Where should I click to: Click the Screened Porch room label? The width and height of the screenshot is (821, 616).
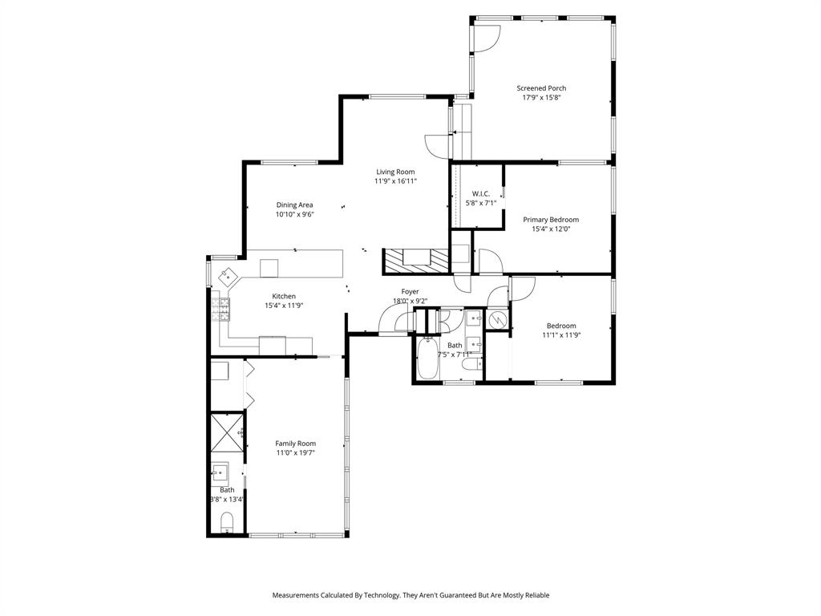click(x=541, y=88)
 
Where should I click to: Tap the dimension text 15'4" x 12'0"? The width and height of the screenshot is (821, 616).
click(x=551, y=229)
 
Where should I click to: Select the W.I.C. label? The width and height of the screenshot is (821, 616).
click(x=481, y=193)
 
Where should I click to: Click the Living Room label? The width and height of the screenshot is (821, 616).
click(x=396, y=172)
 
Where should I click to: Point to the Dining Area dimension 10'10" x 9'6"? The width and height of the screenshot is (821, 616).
click(x=294, y=214)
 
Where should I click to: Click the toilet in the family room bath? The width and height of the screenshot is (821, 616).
click(x=227, y=524)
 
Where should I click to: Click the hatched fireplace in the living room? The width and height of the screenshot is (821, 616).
click(x=416, y=259)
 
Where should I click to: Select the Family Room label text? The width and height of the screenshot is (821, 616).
click(x=296, y=444)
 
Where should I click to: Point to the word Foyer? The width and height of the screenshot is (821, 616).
click(x=410, y=292)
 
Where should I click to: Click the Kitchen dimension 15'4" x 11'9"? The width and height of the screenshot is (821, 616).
click(x=284, y=306)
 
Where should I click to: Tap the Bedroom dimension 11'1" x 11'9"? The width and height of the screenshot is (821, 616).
click(x=561, y=335)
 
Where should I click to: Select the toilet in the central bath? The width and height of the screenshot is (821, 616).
click(x=471, y=365)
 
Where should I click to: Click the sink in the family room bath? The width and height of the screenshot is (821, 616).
click(x=220, y=472)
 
